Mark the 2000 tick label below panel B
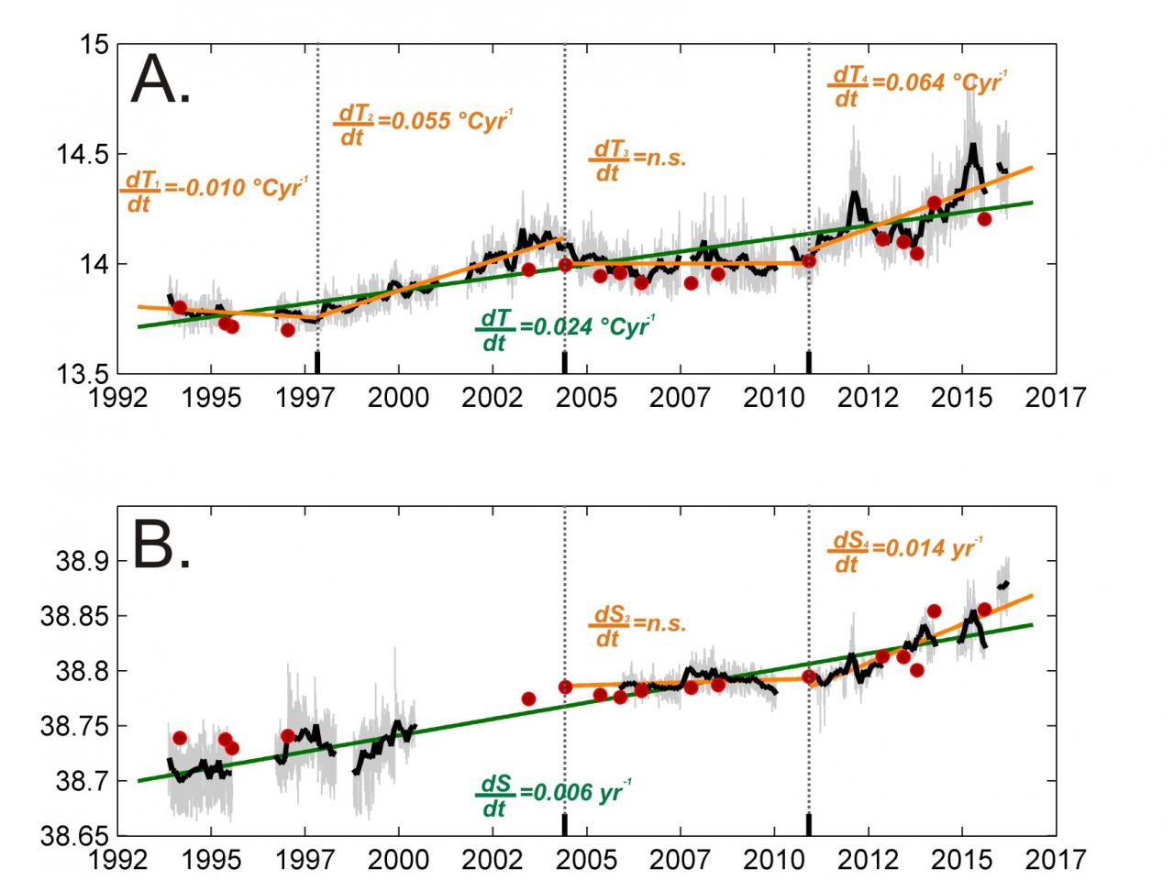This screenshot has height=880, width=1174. click(398, 859)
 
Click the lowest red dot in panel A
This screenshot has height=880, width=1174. click(287, 330)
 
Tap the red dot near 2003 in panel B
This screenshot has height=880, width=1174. click(528, 698)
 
